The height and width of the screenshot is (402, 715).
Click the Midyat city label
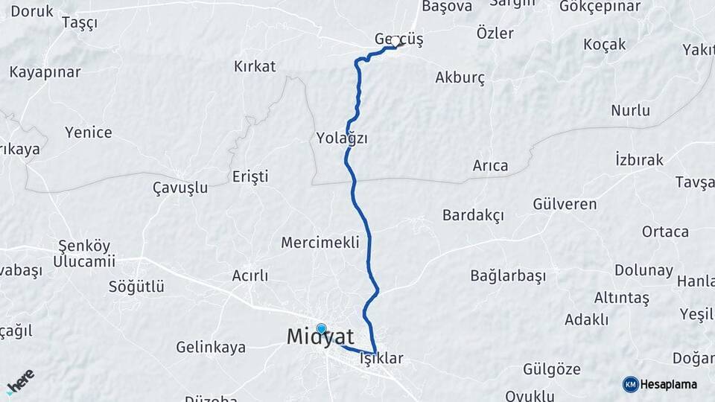320,338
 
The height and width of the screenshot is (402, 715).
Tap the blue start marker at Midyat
321,329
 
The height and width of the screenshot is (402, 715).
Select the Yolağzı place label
342,139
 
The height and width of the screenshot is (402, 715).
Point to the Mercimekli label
320,243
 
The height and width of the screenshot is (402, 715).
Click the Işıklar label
381,359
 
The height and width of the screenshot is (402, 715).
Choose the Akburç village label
460,77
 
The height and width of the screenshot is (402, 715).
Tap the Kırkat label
255,66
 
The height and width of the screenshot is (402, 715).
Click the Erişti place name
250,177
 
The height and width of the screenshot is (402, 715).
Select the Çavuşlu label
179,188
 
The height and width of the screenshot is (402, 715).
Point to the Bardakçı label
473,216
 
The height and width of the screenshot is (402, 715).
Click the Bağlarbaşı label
508,276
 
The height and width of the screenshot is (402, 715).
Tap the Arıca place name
490,166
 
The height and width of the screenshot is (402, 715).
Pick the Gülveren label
565,204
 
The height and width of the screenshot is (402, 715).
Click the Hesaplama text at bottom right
669,385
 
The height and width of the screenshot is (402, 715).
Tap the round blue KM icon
630,384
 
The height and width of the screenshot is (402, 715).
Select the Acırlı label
250,276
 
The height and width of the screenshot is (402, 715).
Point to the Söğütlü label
136,287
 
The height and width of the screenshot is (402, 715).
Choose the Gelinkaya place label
211,348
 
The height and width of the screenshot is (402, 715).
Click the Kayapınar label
45,73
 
